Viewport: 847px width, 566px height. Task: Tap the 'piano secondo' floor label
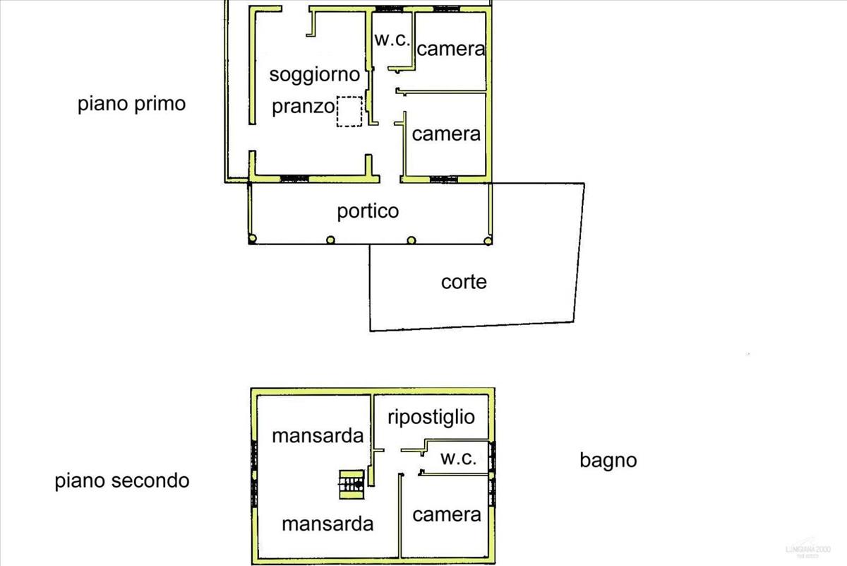(x=122, y=481)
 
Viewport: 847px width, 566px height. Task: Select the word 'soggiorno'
(x=315, y=74)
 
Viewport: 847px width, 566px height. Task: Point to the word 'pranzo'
(x=303, y=107)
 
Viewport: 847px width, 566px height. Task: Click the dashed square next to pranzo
(x=349, y=112)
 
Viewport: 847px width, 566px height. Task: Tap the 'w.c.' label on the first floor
(x=392, y=40)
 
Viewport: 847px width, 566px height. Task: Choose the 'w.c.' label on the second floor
(x=458, y=458)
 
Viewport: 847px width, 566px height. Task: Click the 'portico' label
(x=368, y=211)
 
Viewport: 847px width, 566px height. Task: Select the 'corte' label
(x=464, y=282)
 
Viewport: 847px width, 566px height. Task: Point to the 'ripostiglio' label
(x=431, y=417)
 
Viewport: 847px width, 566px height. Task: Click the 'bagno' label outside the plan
(x=608, y=461)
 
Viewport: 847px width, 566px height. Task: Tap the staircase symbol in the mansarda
(x=351, y=483)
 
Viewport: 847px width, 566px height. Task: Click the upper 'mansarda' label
(x=318, y=435)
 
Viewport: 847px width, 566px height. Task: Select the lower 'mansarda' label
(x=328, y=524)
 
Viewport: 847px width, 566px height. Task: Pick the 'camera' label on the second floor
(x=447, y=514)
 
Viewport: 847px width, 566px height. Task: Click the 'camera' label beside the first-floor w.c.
(x=451, y=49)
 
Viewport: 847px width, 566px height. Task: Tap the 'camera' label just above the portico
(x=446, y=134)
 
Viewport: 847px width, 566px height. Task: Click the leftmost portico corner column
(x=252, y=240)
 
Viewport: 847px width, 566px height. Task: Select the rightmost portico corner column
(x=487, y=240)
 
